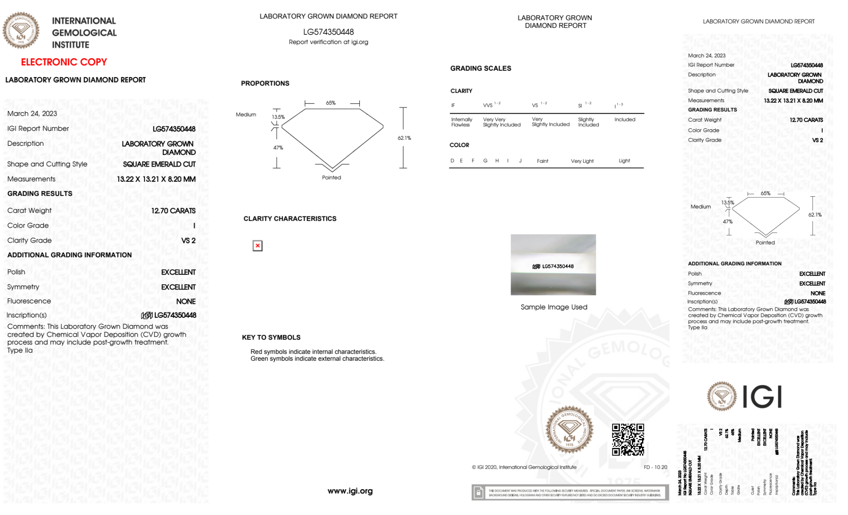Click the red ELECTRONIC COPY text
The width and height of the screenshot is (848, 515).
tap(64, 62)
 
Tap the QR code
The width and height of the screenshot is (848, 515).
tap(628, 439)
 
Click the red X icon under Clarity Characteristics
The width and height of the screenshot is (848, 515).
tap(257, 246)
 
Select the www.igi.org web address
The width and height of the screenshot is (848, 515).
tap(350, 491)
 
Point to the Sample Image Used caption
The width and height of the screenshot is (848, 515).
tap(554, 307)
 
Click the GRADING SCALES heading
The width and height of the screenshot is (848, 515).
tap(481, 68)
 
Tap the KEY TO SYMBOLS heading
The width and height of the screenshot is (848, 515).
tap(271, 337)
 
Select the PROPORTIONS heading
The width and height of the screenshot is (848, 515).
tap(265, 84)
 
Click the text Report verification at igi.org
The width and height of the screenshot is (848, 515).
tap(328, 42)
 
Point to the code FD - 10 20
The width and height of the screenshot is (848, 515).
tap(655, 467)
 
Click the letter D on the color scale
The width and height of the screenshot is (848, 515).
tap(452, 161)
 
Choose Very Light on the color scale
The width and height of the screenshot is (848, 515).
tap(582, 161)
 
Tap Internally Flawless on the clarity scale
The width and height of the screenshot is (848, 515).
tap(462, 122)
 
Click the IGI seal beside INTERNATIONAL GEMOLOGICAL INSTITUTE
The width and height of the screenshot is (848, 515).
tap(21, 31)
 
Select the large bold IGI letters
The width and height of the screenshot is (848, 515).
tap(762, 397)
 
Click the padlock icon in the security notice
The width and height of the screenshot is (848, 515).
tap(478, 493)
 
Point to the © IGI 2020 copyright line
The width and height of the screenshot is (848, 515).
tap(524, 467)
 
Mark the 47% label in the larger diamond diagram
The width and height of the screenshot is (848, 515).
tap(278, 148)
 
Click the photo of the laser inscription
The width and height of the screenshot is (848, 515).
tap(553, 264)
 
